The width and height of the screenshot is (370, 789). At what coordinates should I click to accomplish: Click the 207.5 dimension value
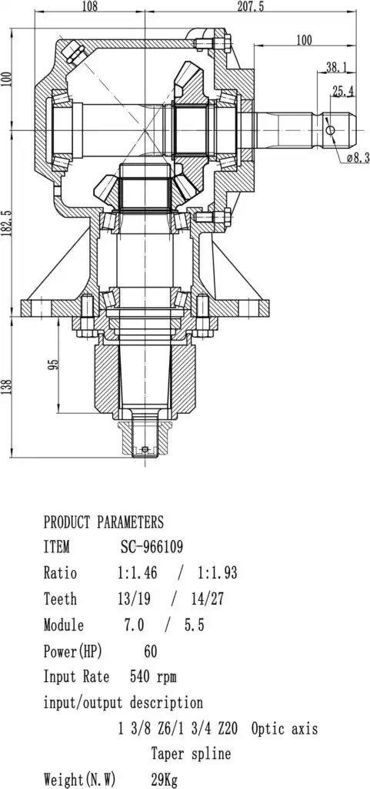248,6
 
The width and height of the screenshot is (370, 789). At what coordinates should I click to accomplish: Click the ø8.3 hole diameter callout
358,157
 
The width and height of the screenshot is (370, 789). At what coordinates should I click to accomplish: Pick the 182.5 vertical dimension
6,226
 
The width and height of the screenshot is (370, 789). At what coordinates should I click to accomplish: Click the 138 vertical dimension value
6,388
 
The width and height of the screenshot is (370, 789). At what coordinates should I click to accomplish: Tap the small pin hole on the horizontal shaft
330,130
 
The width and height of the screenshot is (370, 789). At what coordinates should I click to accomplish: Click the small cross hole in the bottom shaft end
145,449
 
